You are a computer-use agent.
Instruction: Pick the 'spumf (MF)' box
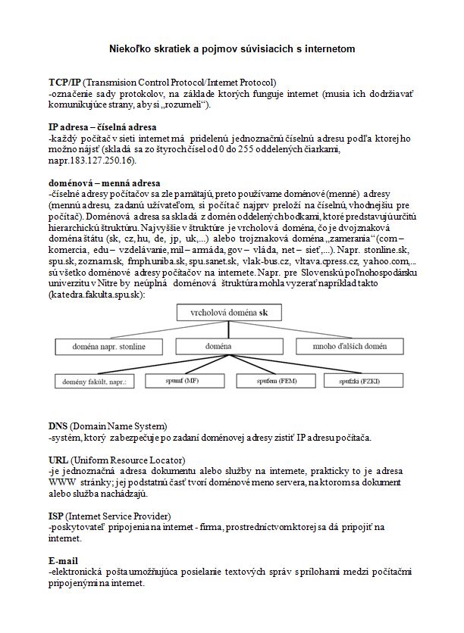coord(182,382)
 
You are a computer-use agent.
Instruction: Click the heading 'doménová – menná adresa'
coord(104,182)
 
